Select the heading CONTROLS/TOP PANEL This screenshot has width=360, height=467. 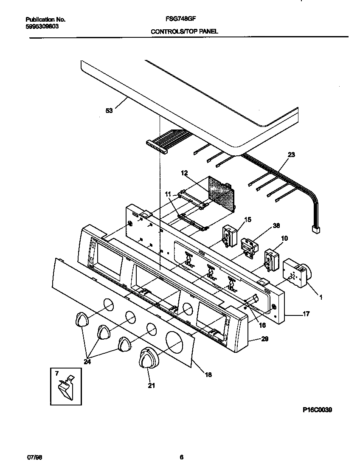pos(184,31)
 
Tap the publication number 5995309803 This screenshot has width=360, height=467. pos(42,26)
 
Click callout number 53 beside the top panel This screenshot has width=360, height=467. pos(110,111)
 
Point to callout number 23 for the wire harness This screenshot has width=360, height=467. pos(291,155)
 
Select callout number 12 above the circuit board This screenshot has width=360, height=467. pos(184,173)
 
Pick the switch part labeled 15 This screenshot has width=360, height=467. pos(229,236)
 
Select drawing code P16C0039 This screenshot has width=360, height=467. pos(317,410)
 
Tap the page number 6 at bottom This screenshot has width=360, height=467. pos(181,457)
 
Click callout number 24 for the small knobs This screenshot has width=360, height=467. pos(87,362)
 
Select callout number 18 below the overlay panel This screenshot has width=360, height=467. pos(208,374)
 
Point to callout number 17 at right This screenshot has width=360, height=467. pos(306,314)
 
